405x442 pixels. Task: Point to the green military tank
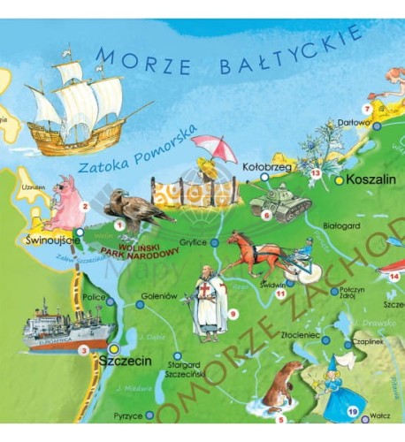(282, 201)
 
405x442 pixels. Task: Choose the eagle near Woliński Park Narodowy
(134, 210)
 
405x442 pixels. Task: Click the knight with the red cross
(207, 301)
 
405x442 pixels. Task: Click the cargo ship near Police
(65, 328)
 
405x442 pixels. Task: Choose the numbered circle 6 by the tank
(265, 214)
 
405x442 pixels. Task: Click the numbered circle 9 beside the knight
(233, 313)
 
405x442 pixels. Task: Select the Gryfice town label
(193, 241)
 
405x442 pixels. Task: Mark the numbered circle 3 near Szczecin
(83, 350)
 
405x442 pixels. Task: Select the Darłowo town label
(355, 124)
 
